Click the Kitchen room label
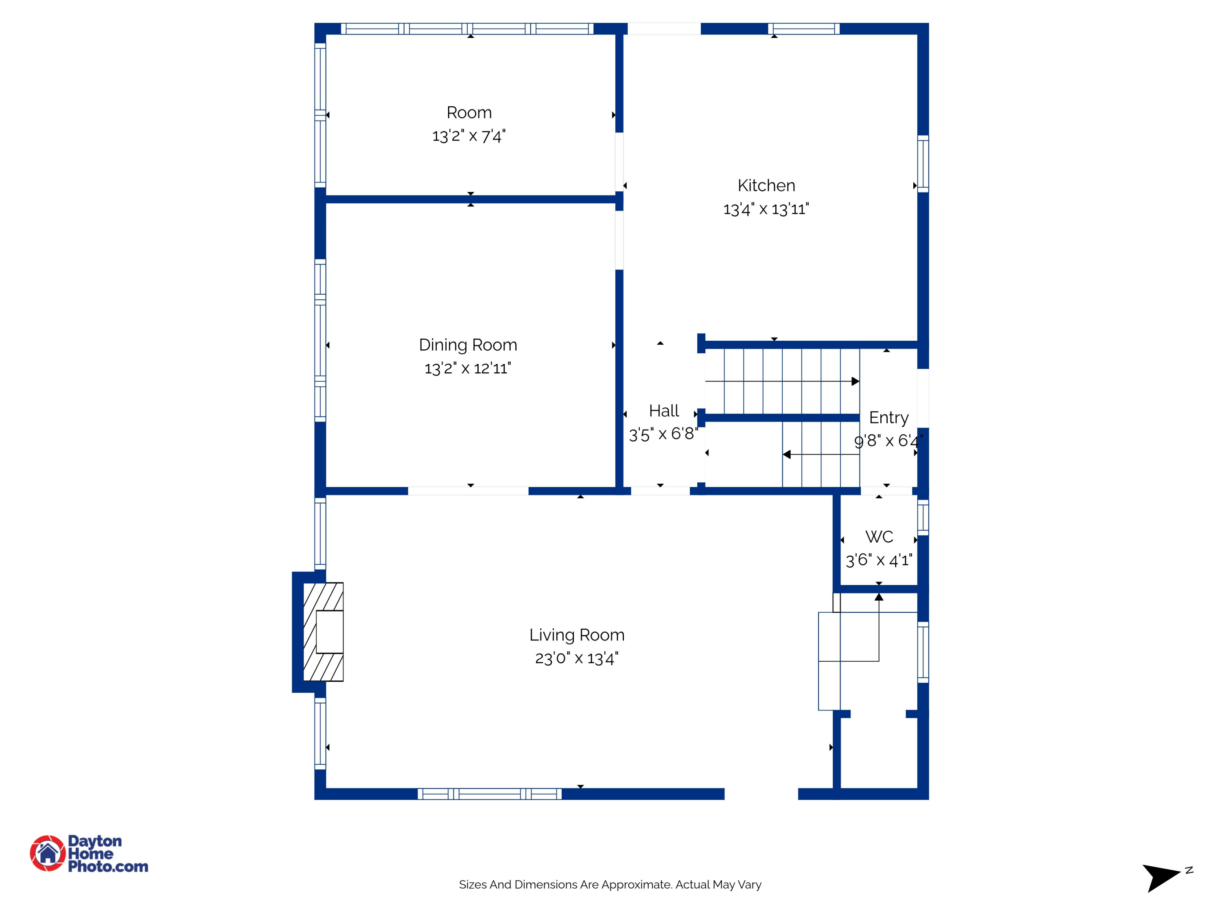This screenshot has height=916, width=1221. click(766, 186)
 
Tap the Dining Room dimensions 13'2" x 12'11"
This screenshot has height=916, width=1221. click(468, 368)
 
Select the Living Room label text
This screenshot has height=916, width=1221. click(577, 635)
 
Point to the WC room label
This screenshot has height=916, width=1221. click(879, 537)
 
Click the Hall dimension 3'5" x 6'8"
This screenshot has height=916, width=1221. click(663, 434)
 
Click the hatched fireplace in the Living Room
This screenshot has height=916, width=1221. click(324, 632)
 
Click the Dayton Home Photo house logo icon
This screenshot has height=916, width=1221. click(48, 853)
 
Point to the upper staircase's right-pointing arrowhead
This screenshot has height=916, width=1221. click(855, 381)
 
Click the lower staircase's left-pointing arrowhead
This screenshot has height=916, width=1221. click(787, 454)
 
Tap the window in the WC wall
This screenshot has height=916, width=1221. click(923, 517)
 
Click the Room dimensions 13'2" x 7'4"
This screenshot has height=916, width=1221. click(468, 136)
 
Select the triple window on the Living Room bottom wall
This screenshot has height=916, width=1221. click(489, 794)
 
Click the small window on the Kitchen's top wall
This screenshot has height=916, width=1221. click(804, 29)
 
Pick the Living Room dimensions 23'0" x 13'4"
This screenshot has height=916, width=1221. click(577, 658)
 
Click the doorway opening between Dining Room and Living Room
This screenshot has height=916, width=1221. click(468, 491)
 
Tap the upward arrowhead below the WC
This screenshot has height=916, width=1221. click(879, 597)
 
